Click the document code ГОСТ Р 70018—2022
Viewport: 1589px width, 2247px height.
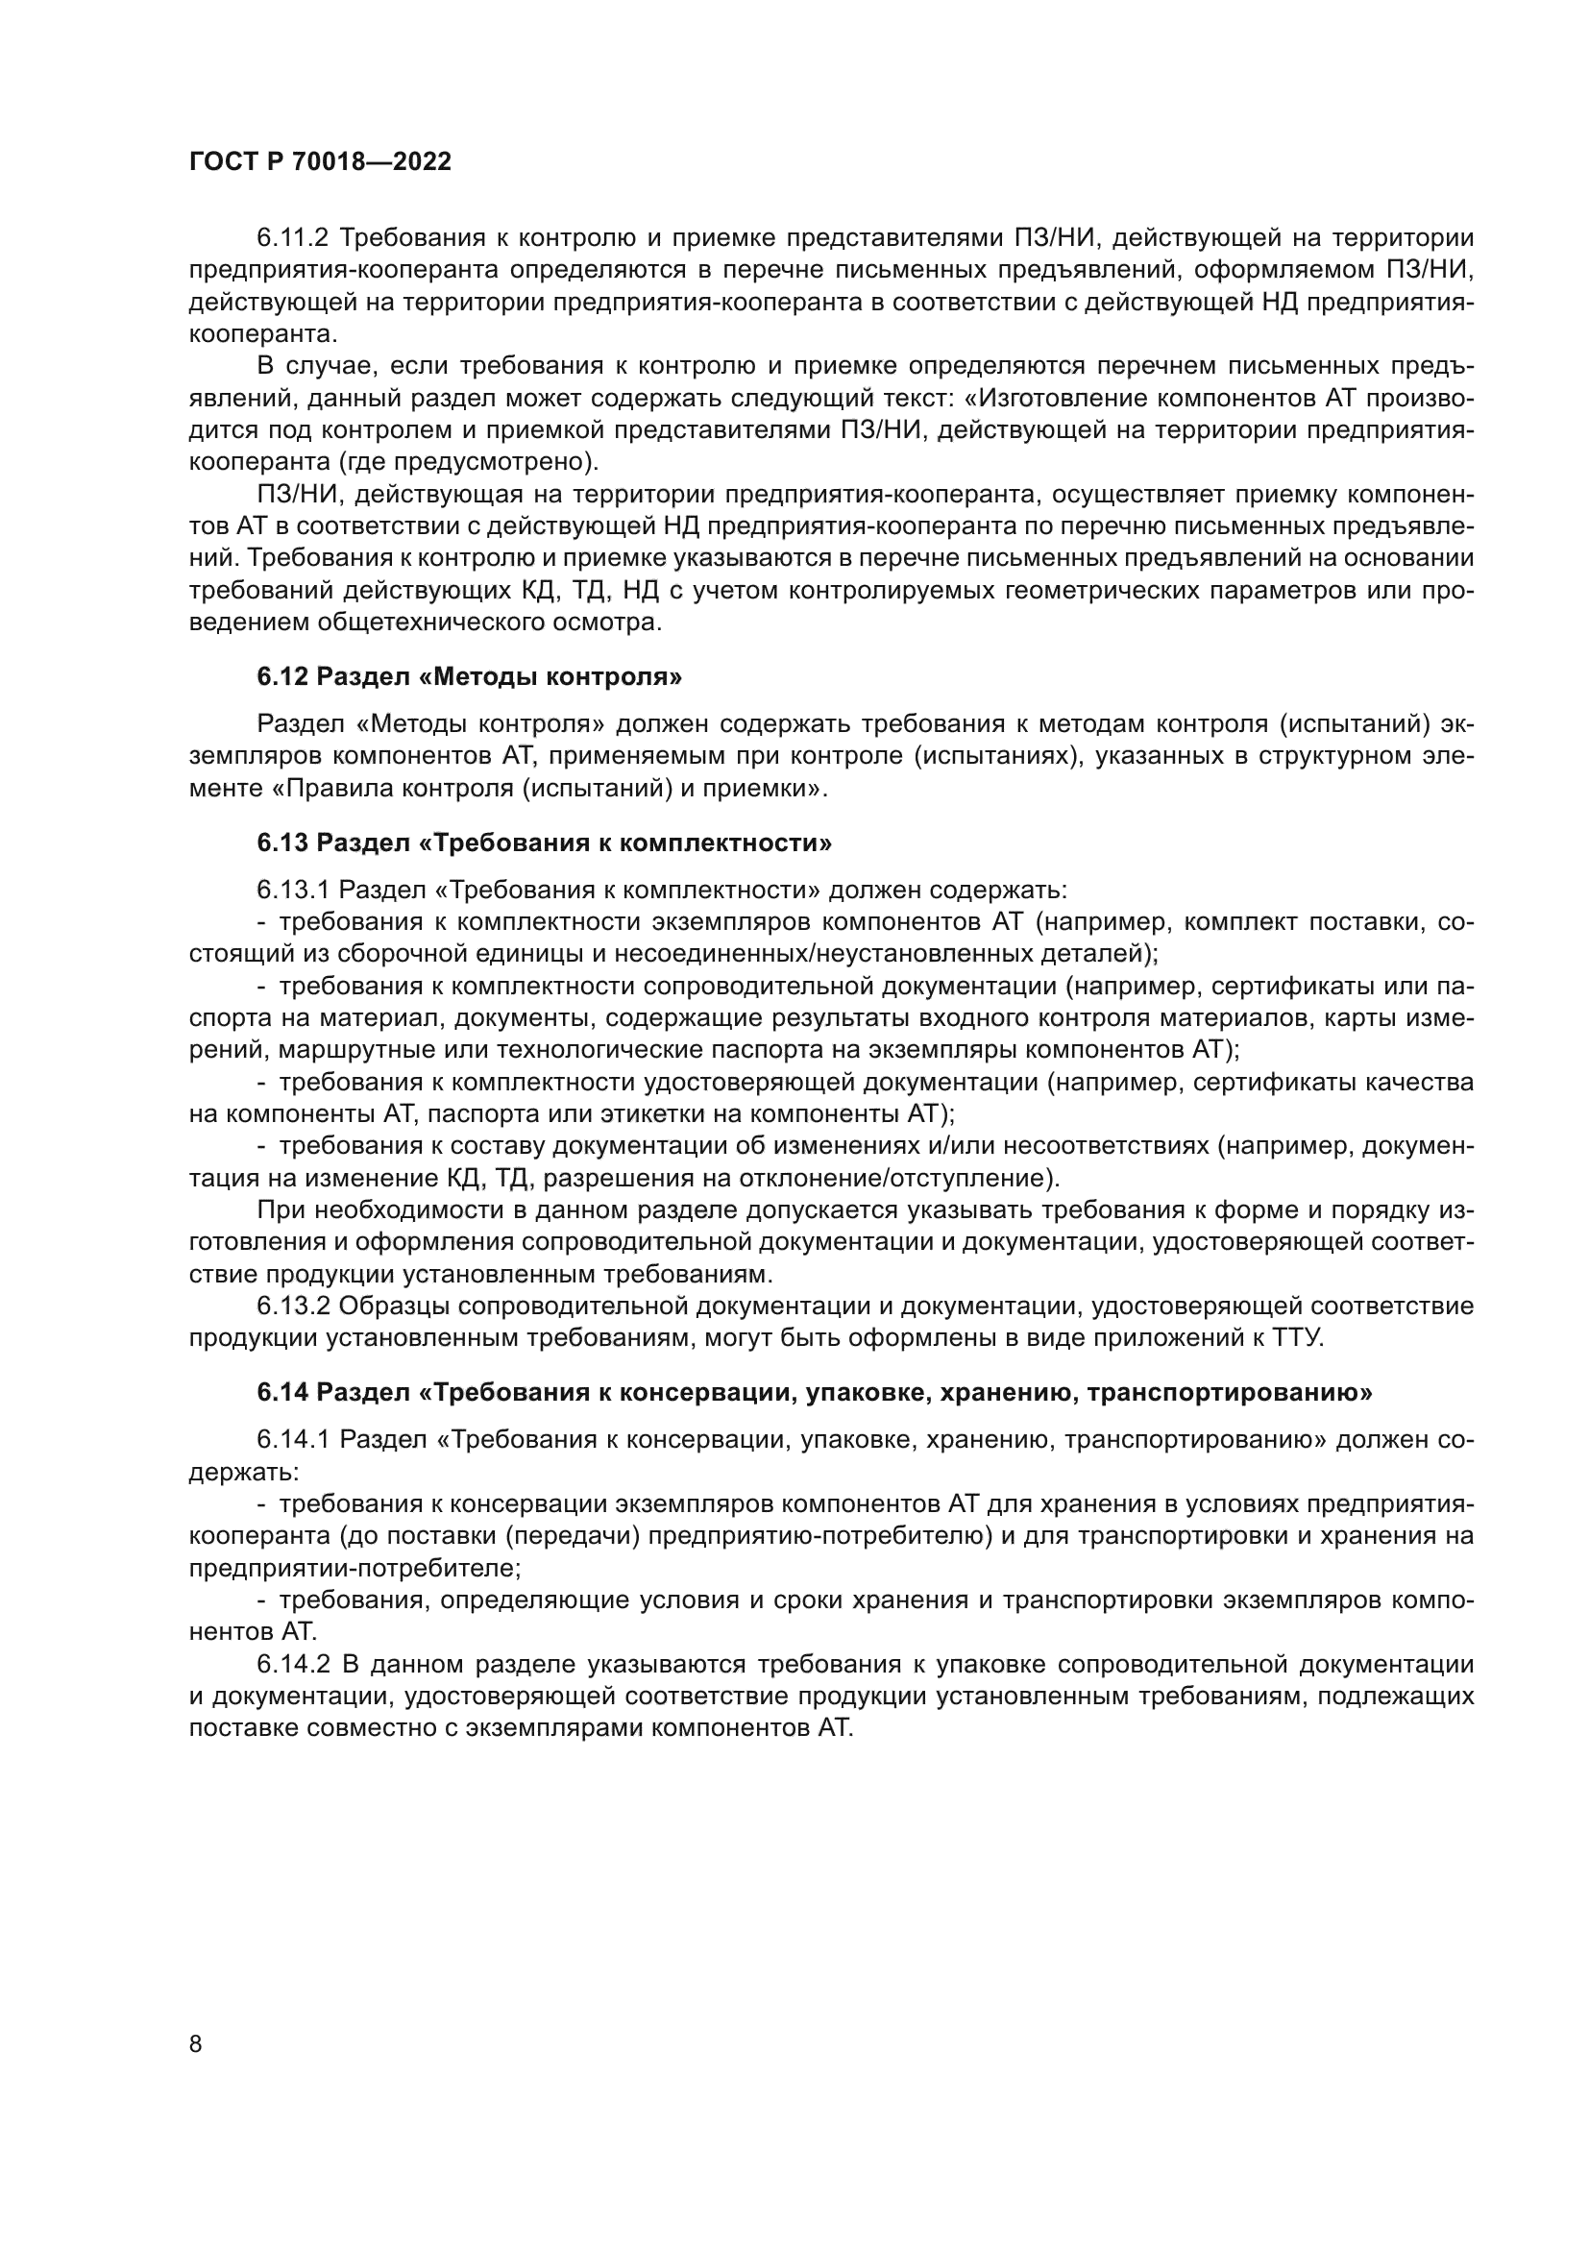pos(320,161)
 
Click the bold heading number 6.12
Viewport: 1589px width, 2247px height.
pos(282,676)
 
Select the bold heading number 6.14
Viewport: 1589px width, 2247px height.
pos(282,1394)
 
